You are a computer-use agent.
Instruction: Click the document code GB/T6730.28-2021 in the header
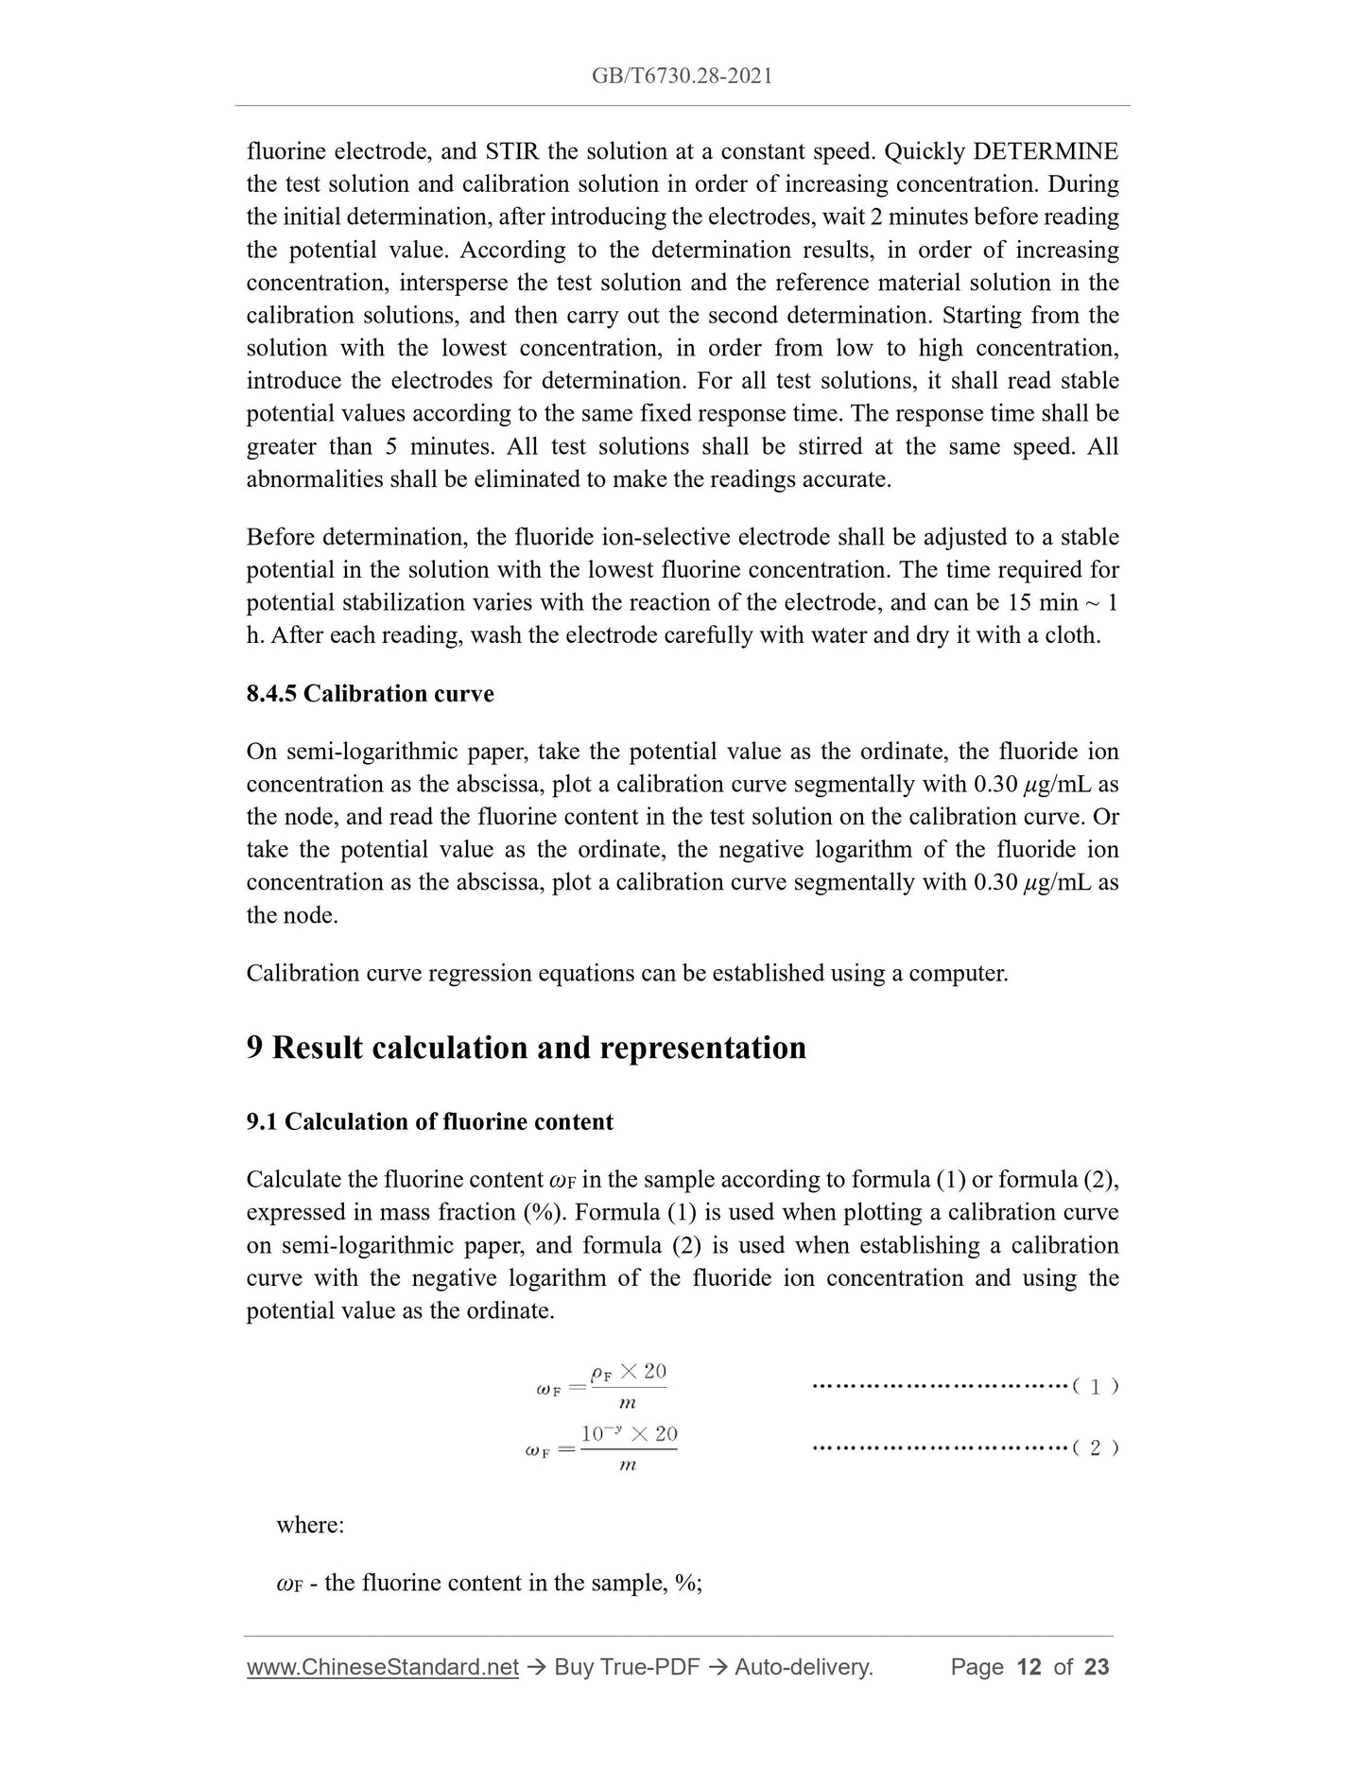(682, 77)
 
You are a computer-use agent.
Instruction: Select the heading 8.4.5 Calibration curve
(370, 694)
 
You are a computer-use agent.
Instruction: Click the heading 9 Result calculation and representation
(526, 1048)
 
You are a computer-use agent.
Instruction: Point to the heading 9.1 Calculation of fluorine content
(429, 1122)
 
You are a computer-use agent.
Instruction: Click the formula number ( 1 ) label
(1095, 1387)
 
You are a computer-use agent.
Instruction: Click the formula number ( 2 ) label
(1095, 1448)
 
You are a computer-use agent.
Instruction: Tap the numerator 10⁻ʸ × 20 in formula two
(629, 1434)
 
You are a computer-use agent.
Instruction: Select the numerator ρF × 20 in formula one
(628, 1372)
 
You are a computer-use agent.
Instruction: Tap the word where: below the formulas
(310, 1525)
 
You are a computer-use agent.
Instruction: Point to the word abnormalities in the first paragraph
(315, 479)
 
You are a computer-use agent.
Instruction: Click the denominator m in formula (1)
(627, 1403)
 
